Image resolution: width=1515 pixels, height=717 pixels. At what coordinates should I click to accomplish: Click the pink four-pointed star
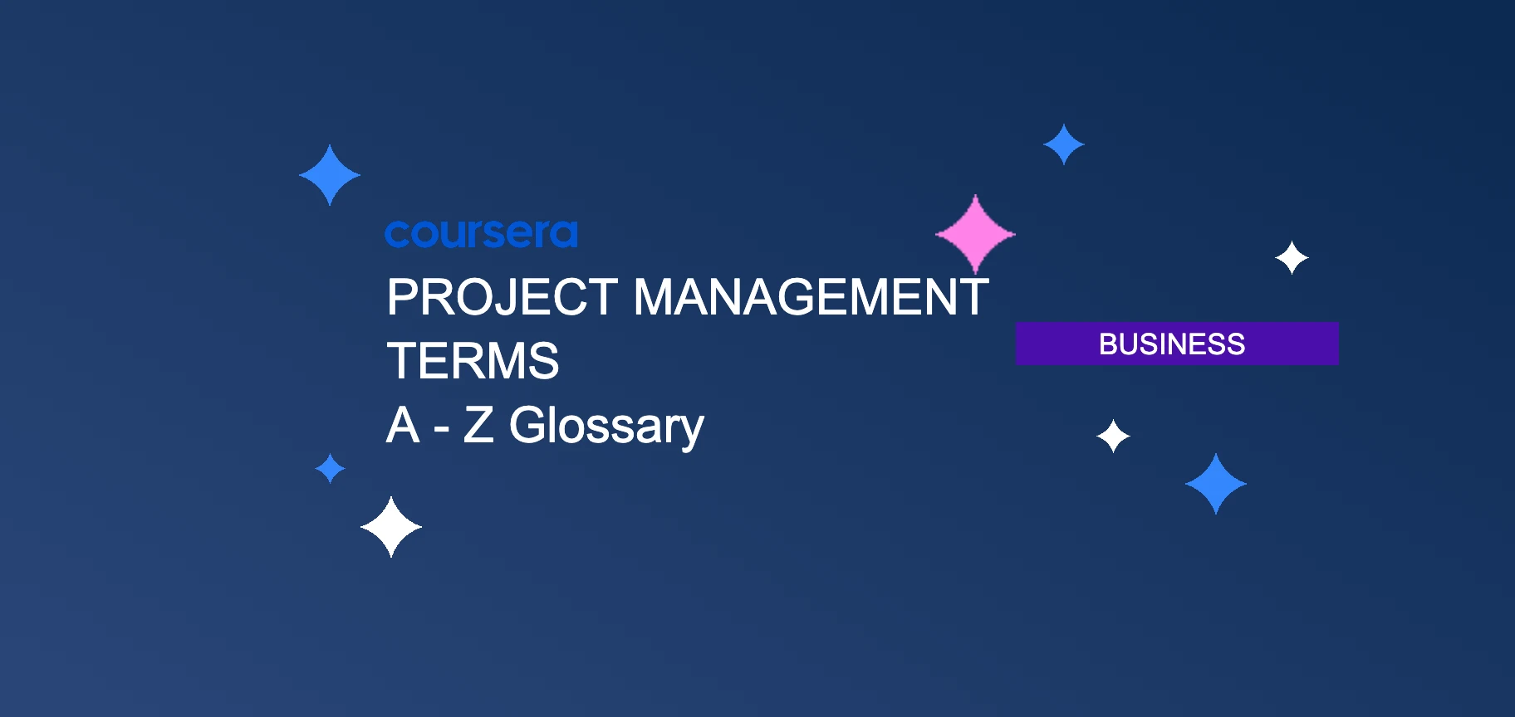click(x=975, y=235)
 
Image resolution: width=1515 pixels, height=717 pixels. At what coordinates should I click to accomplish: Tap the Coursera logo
click(x=481, y=234)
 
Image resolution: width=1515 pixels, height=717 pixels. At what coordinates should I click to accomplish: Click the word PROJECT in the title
click(x=502, y=297)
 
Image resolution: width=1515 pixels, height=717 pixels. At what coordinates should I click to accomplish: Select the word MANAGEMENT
click(x=811, y=297)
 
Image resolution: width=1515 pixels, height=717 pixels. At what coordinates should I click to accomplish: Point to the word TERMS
click(x=473, y=361)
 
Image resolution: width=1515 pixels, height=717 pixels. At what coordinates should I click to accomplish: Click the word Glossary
click(x=606, y=427)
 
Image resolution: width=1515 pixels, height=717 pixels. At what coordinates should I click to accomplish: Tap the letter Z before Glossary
click(x=478, y=425)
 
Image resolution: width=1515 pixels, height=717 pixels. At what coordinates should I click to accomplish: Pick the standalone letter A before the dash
click(x=403, y=425)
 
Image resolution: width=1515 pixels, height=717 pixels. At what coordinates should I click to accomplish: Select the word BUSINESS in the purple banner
click(x=1172, y=344)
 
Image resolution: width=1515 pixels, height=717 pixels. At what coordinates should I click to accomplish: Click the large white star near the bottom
click(x=391, y=527)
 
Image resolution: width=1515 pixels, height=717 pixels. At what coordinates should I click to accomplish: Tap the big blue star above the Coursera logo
click(x=330, y=175)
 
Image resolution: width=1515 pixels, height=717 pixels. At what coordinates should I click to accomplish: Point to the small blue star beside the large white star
click(x=331, y=468)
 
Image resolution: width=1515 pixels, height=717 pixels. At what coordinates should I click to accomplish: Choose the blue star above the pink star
click(x=1064, y=144)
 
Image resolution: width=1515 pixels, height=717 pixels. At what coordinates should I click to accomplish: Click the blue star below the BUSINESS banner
click(x=1216, y=484)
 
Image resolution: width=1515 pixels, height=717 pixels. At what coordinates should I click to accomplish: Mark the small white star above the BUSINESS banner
click(x=1292, y=258)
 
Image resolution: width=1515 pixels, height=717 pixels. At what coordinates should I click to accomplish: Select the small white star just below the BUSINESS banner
click(x=1113, y=436)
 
